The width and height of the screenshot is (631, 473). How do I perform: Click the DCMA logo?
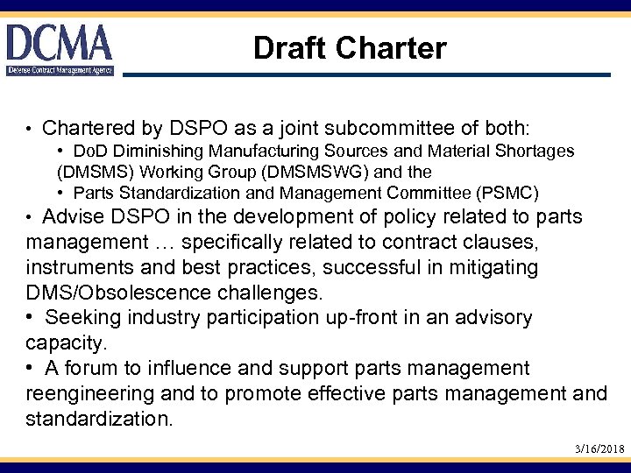pyautogui.click(x=60, y=49)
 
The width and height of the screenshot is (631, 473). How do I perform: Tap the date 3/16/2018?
pyautogui.click(x=599, y=448)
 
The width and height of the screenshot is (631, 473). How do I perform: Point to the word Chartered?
pyautogui.click(x=82, y=129)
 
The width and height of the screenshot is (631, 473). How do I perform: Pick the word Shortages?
pyautogui.click(x=540, y=152)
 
